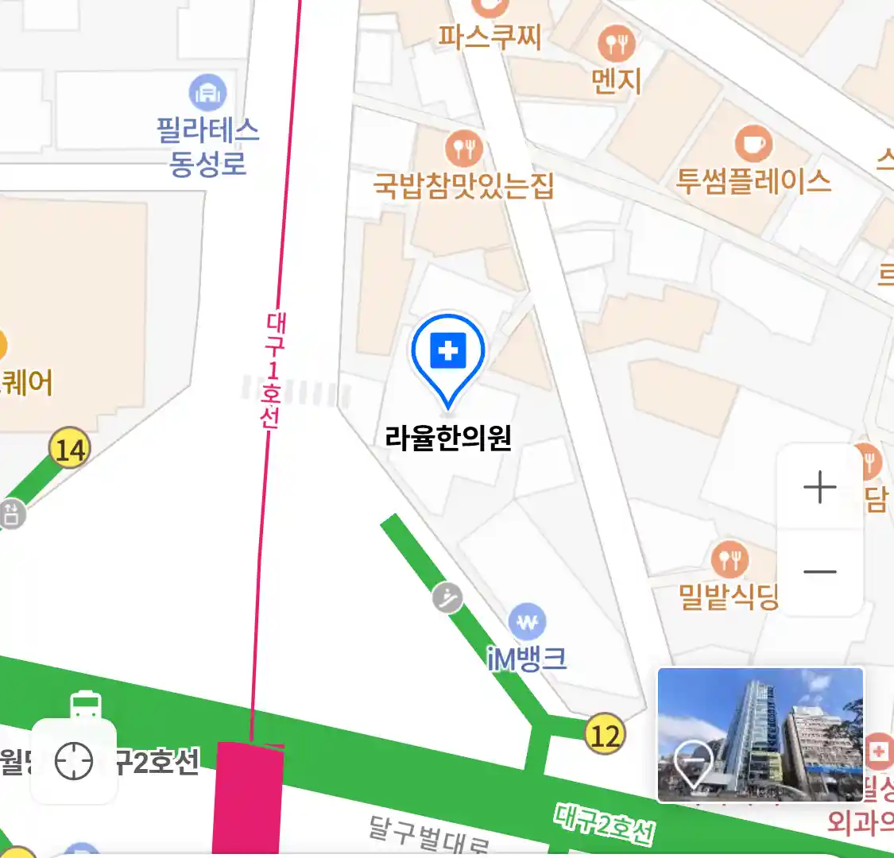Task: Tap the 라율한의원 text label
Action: coord(448,438)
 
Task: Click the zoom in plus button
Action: coord(820,487)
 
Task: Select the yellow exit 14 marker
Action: coord(70,450)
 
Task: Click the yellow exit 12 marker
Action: coord(605,734)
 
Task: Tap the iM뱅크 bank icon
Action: coord(528,623)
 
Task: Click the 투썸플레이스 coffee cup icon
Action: coord(753,144)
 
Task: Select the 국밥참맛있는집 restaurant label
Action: coord(463,186)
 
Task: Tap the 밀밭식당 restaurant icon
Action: coord(730,560)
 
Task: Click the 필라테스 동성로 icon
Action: coord(207,93)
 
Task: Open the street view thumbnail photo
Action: coord(760,734)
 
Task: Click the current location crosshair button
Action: coord(74,762)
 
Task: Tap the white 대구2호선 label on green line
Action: coord(605,823)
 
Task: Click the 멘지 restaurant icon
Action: coord(617,44)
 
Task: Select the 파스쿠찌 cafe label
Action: coord(490,37)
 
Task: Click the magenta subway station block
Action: coord(248,798)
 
